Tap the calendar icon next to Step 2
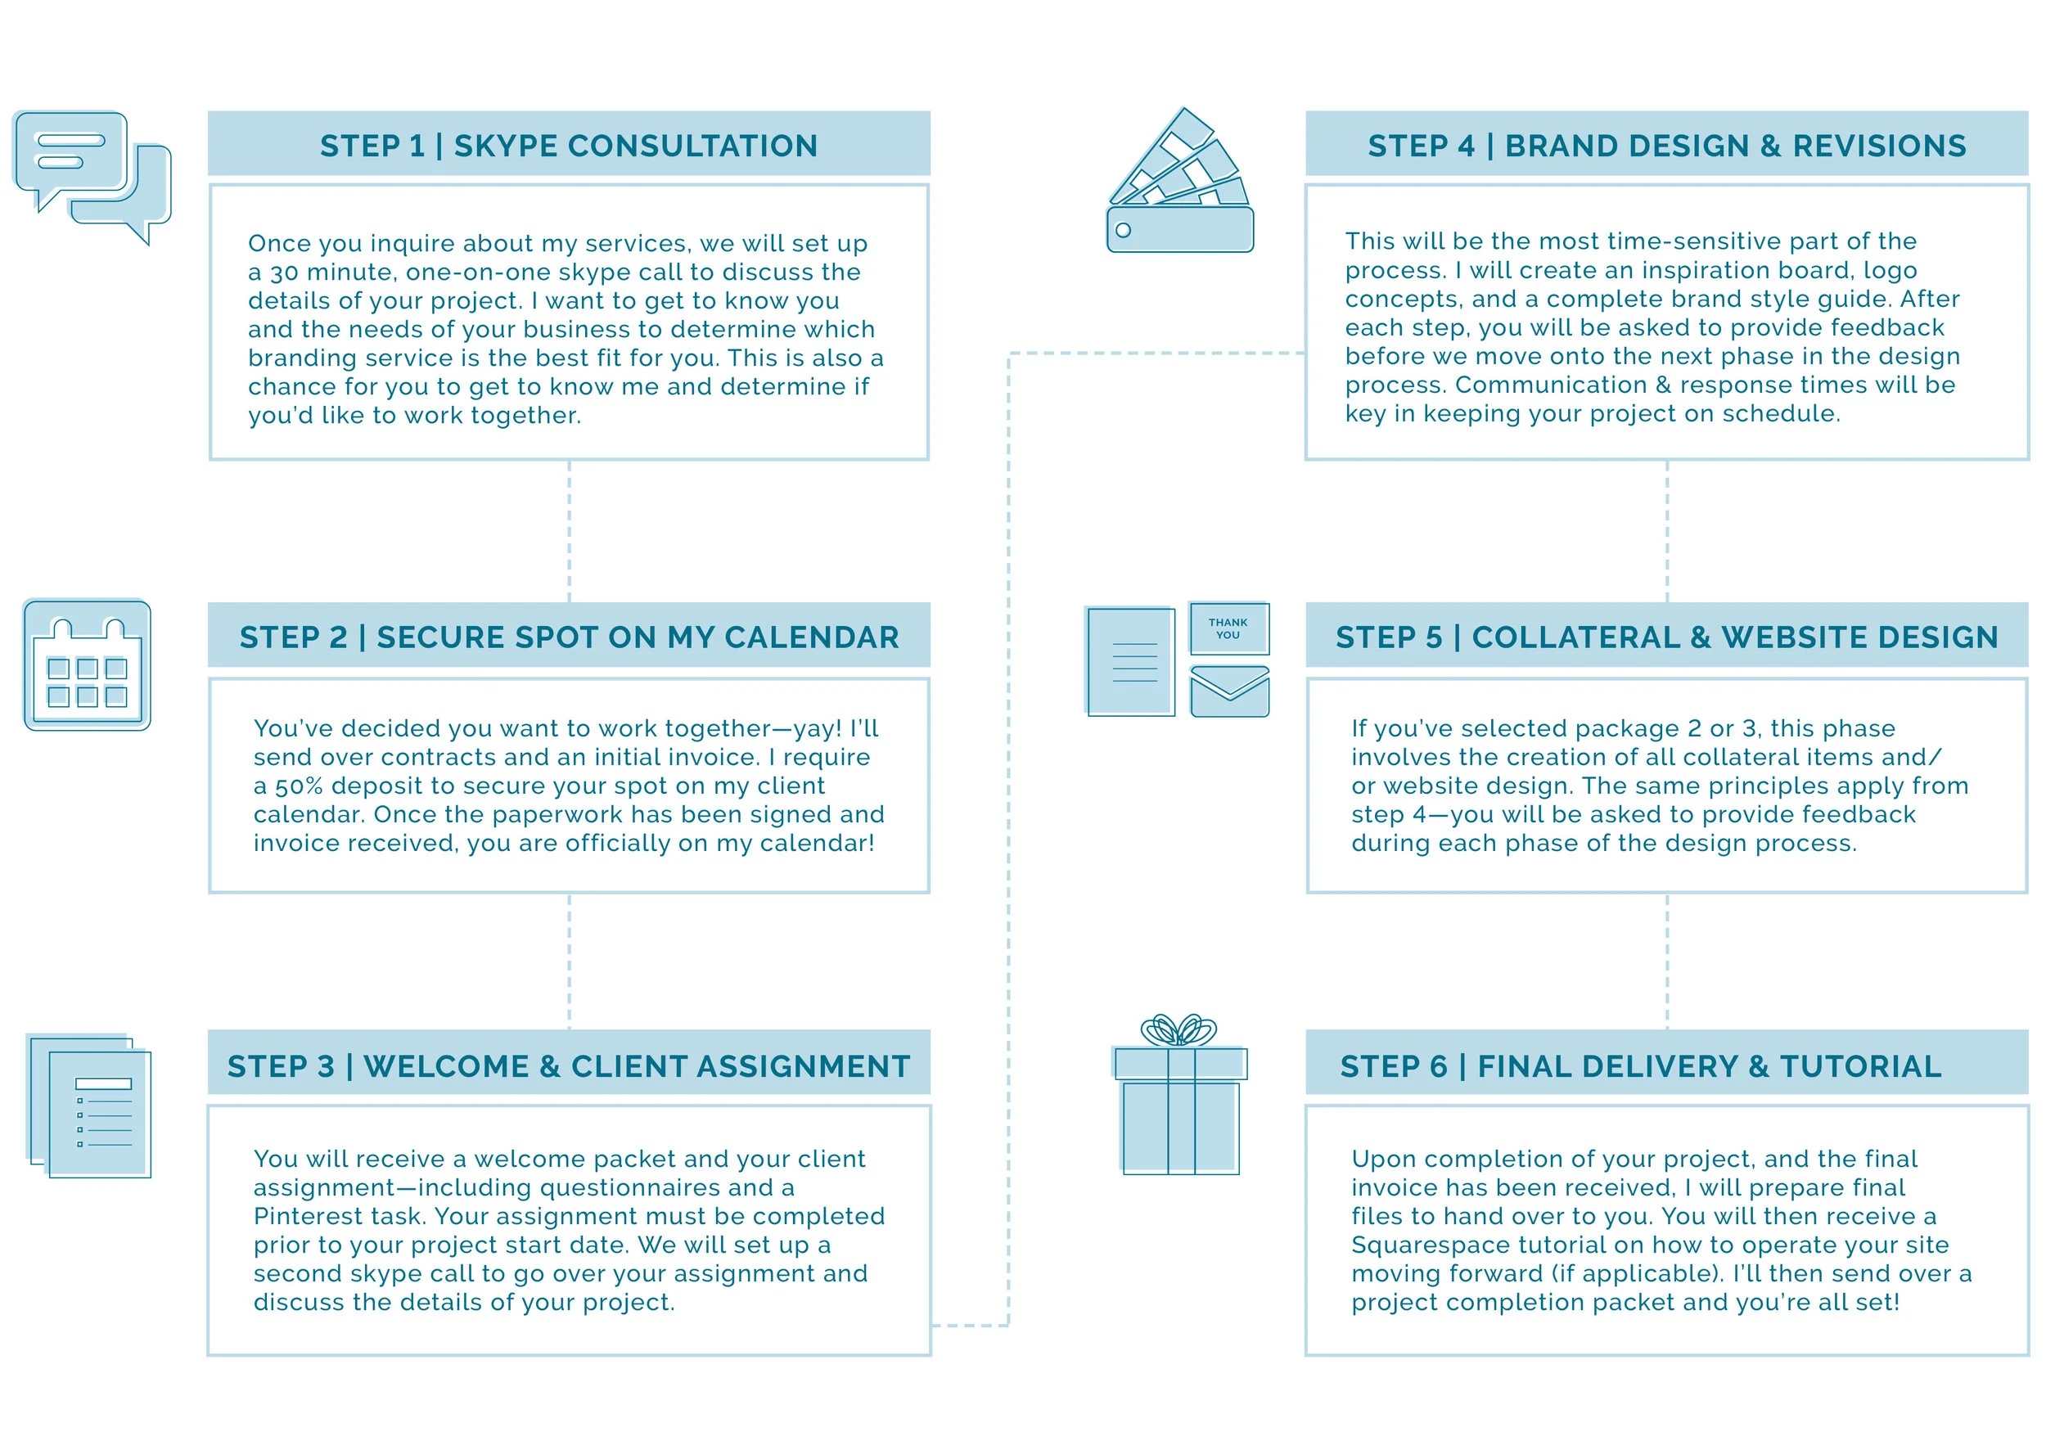click(88, 665)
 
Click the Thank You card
click(1228, 629)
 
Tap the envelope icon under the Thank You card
click(1229, 691)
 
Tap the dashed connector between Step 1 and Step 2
click(570, 531)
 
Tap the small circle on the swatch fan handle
click(1124, 231)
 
